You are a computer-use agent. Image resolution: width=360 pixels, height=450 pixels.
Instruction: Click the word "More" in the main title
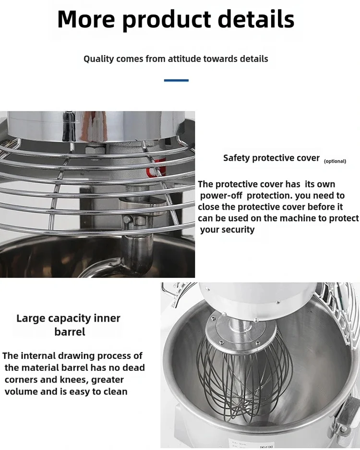86,19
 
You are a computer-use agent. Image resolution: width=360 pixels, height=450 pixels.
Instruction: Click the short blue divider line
176,81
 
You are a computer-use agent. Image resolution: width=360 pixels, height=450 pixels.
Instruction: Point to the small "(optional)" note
335,161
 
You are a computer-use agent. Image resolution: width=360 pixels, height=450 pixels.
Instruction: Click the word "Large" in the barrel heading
30,319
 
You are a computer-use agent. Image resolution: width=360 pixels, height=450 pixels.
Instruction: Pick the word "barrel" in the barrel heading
70,332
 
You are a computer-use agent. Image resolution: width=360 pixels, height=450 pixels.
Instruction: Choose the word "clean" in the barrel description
115,392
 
